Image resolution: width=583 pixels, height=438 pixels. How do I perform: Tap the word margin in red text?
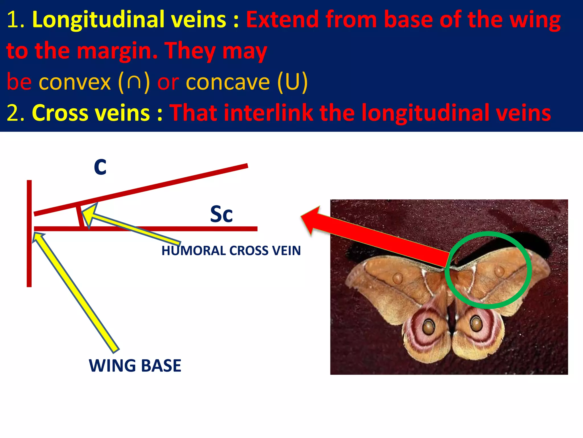click(x=117, y=51)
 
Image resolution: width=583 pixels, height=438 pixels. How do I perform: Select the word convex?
click(x=75, y=82)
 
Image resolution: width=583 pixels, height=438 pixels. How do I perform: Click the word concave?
click(x=228, y=82)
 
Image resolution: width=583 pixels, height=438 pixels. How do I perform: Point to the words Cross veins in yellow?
click(x=91, y=113)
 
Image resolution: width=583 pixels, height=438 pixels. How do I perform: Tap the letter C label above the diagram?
click(x=100, y=167)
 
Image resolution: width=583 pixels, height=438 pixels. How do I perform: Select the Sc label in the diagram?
click(x=221, y=214)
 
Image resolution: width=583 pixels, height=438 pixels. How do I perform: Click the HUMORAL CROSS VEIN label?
click(x=231, y=251)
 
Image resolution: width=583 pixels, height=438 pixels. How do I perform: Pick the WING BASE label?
click(x=135, y=366)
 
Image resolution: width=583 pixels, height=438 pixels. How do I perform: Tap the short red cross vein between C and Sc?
click(x=80, y=217)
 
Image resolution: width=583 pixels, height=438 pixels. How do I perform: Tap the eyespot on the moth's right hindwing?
click(x=476, y=324)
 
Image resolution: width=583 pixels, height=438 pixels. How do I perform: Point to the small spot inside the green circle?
click(x=499, y=271)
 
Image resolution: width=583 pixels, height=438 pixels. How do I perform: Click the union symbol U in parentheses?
click(x=292, y=82)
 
